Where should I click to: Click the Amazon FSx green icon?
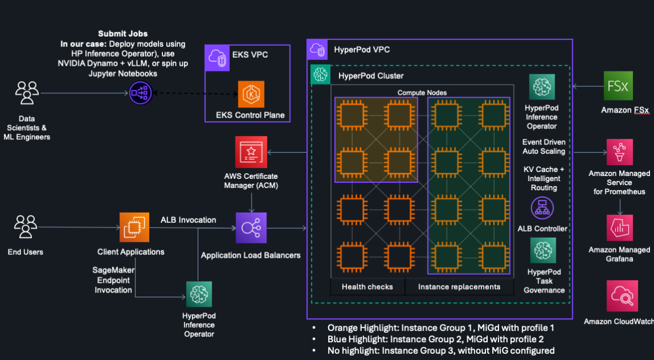617,86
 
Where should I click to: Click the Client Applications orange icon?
134,227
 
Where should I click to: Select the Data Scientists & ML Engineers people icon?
27,93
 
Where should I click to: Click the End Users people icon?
26,227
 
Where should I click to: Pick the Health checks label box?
367,286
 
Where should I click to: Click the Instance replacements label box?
459,286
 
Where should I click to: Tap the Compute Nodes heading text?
422,92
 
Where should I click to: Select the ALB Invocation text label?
188,219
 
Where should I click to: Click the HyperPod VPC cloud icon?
317,50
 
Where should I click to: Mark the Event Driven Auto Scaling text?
544,146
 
